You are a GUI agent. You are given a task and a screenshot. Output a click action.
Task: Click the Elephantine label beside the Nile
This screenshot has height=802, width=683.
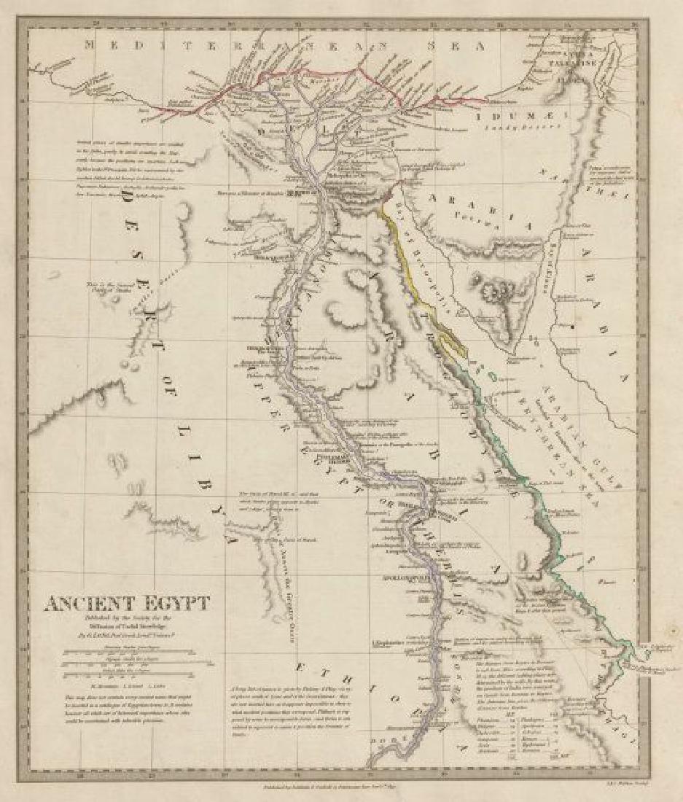[x=394, y=643]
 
